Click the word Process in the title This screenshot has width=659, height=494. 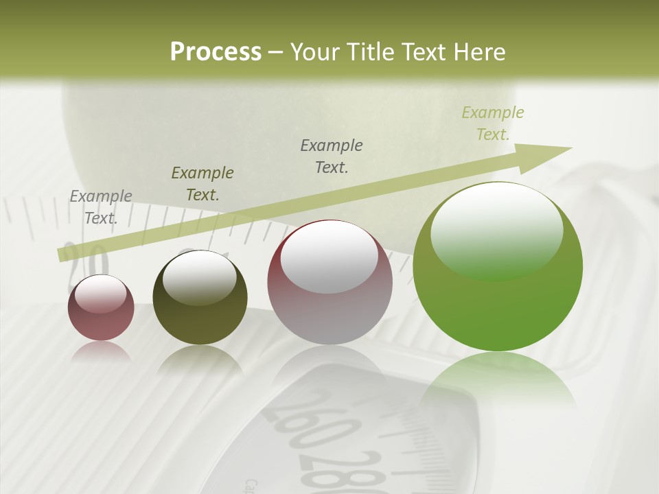216,52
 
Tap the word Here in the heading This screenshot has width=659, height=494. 480,52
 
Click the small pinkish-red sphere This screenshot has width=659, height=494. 101,309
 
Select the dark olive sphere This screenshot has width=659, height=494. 200,298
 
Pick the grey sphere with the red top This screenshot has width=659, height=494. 330,283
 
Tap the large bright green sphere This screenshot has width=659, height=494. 498,268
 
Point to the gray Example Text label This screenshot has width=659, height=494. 101,207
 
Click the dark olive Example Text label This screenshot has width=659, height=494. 203,184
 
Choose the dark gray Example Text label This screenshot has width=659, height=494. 332,156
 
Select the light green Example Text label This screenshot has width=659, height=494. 493,123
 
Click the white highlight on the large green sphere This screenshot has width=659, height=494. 496,230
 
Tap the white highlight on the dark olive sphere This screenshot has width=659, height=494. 200,277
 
